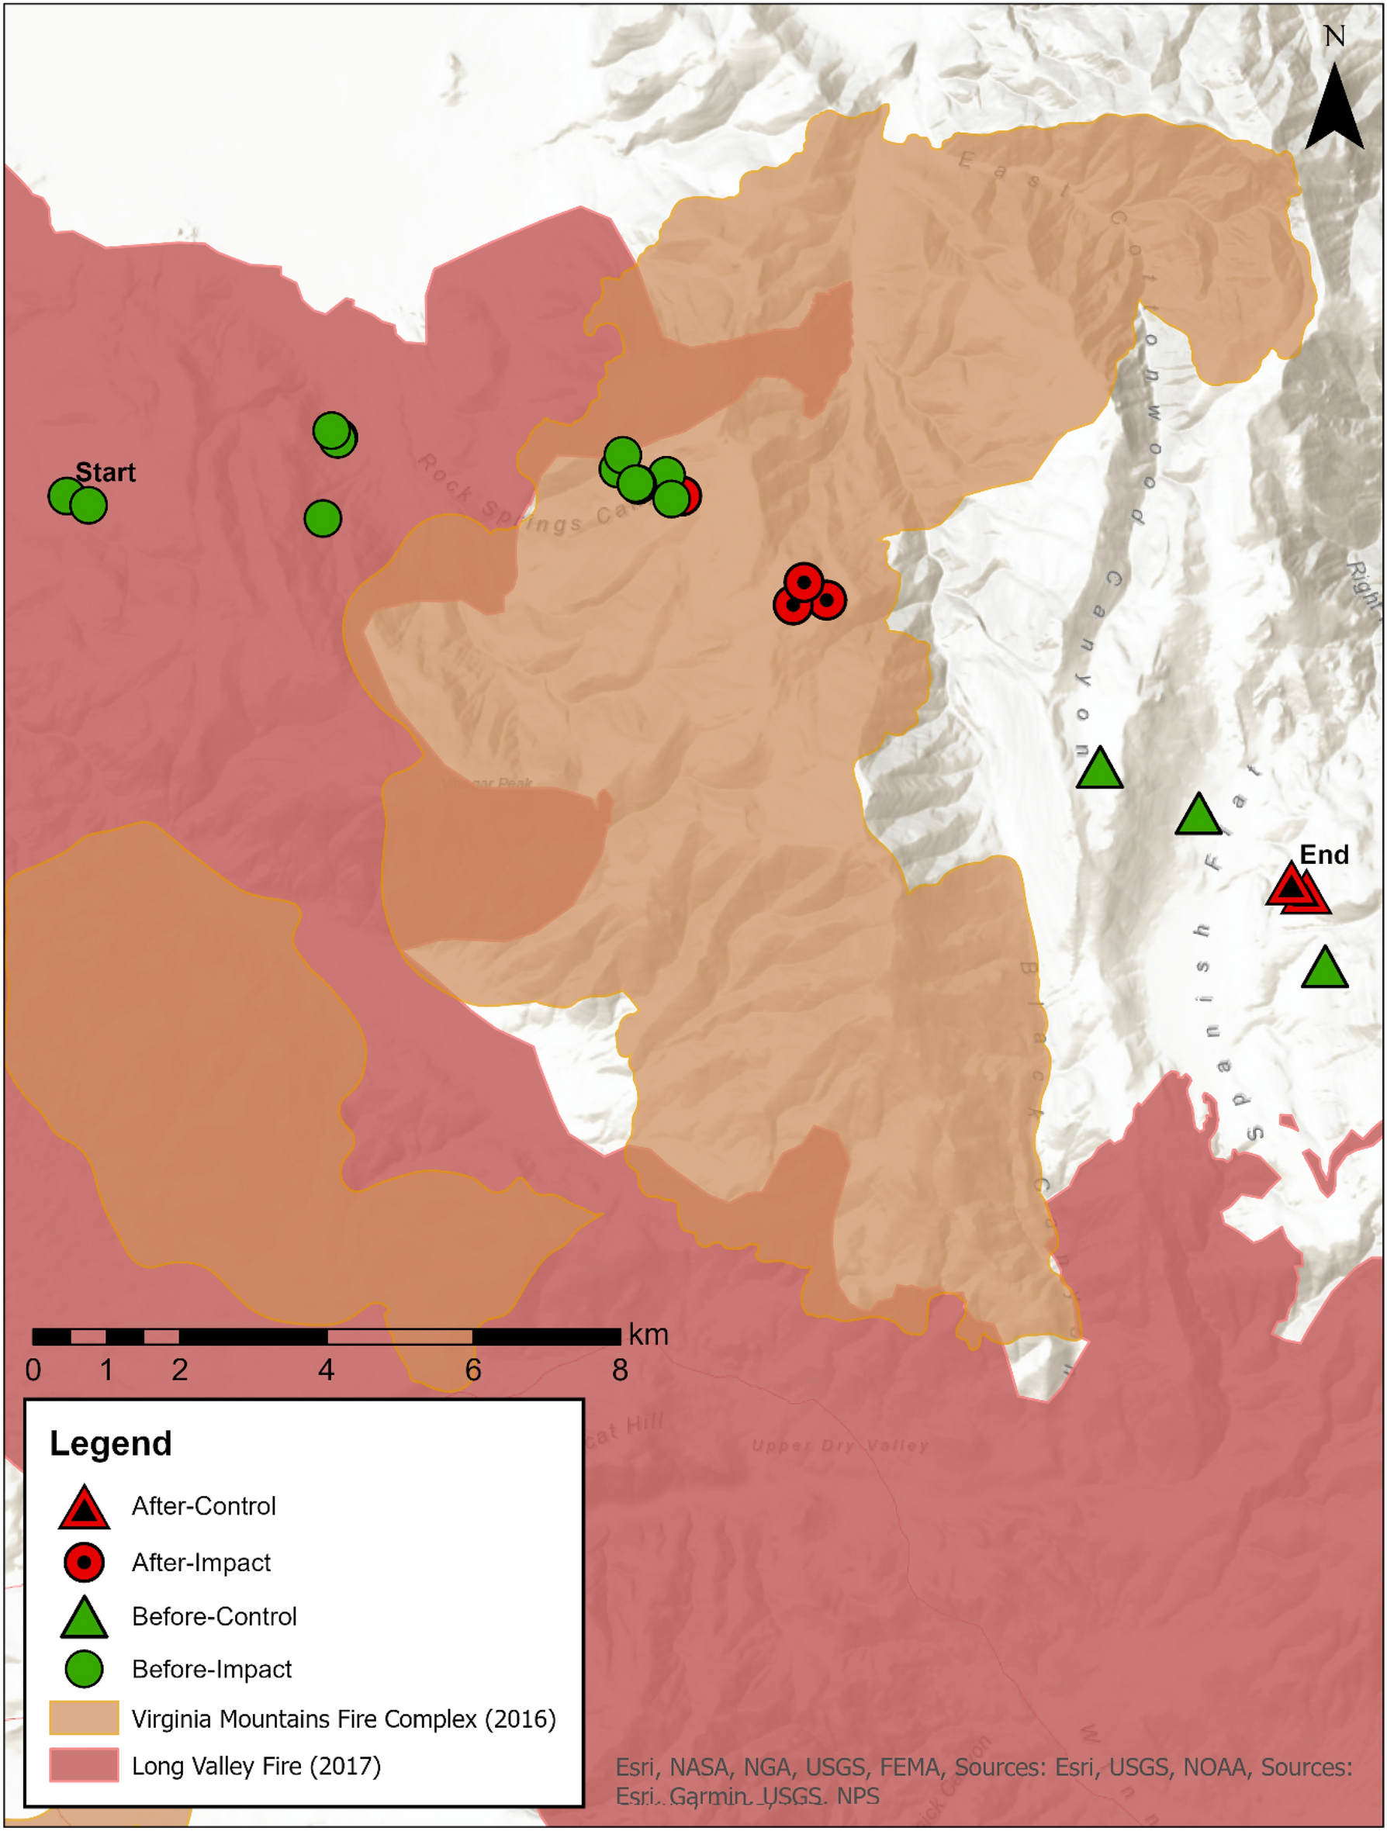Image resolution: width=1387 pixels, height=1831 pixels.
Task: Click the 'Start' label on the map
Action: point(105,472)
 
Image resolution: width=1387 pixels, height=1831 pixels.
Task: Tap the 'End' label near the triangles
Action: point(1323,855)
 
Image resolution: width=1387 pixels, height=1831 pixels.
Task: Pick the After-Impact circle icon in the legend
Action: point(84,1563)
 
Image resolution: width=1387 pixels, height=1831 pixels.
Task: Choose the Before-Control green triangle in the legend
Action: point(84,1619)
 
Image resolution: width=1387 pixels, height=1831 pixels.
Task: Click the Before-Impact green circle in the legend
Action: point(84,1669)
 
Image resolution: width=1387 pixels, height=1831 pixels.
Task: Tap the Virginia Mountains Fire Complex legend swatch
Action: point(84,1719)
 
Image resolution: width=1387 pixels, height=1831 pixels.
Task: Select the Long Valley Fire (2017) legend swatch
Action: point(84,1765)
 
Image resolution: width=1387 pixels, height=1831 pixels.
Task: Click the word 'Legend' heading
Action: point(110,1443)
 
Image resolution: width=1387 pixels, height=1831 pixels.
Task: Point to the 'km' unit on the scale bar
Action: point(648,1335)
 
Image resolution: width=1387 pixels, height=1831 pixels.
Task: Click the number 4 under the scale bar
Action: point(327,1371)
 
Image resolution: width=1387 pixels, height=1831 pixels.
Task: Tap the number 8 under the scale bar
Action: point(619,1371)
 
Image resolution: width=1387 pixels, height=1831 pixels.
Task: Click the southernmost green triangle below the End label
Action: point(1324,969)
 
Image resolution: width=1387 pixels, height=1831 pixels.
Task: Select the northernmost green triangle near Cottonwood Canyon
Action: point(1099,770)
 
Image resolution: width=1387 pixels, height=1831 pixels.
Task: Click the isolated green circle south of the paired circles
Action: point(323,519)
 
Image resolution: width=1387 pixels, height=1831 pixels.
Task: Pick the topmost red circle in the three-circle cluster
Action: point(803,582)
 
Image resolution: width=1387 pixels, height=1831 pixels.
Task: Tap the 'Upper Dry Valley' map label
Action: point(839,1446)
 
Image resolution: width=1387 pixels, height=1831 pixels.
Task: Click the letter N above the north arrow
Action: point(1334,36)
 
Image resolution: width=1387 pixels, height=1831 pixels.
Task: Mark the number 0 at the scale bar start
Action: point(33,1371)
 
